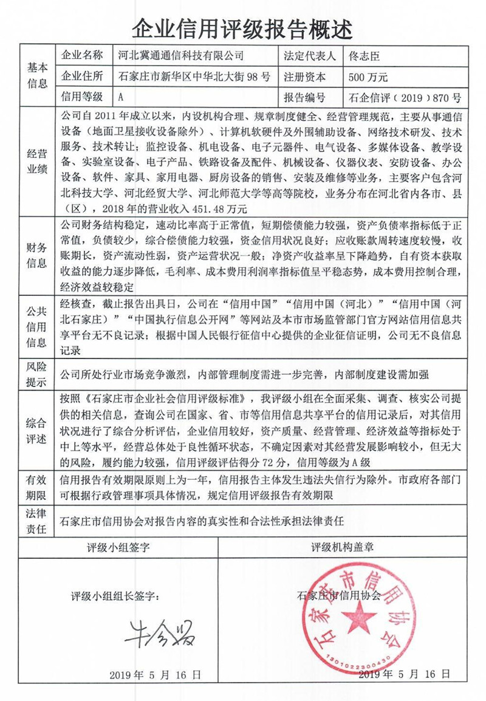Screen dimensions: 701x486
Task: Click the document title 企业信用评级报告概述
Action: (x=242, y=27)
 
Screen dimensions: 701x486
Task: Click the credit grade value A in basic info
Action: (x=122, y=97)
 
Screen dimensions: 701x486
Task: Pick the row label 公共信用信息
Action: (x=37, y=326)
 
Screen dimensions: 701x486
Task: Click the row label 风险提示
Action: (x=37, y=375)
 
